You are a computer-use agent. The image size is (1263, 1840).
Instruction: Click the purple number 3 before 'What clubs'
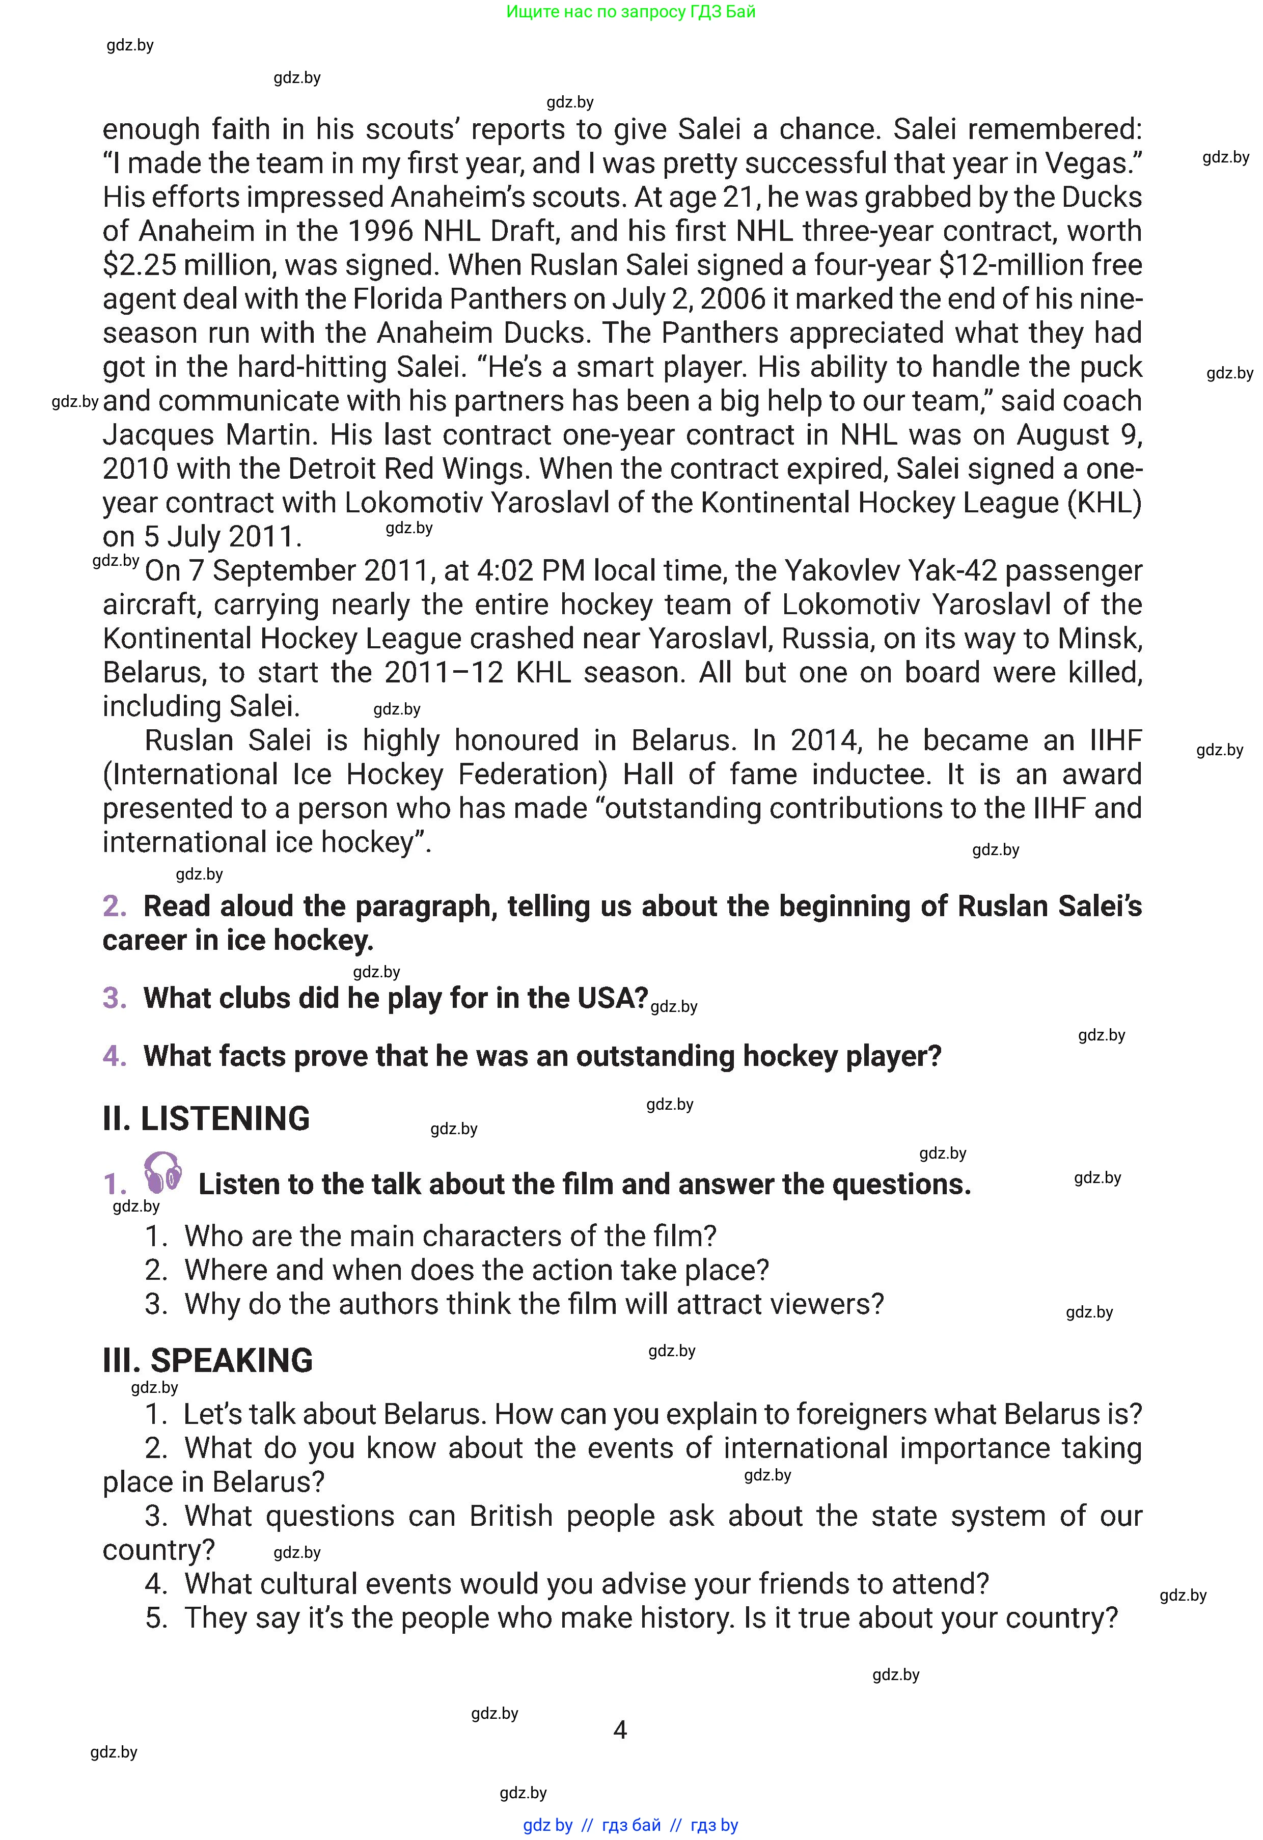tap(114, 998)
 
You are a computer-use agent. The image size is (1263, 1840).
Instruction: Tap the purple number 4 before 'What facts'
tap(114, 1056)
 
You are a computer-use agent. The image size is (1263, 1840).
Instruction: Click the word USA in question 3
tap(613, 998)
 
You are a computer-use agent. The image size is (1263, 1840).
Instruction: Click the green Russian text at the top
tap(630, 12)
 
